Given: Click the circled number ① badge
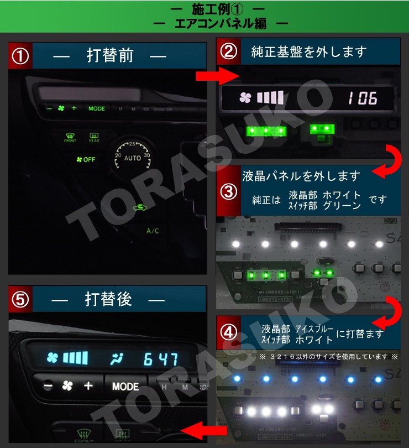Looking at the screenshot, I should tap(20, 56).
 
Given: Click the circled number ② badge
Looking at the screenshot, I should tap(228, 51).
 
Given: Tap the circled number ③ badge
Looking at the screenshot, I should tap(228, 191).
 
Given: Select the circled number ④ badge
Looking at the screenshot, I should tap(228, 332).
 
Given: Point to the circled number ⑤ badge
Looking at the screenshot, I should tap(20, 300).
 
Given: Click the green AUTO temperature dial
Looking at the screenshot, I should tap(132, 157).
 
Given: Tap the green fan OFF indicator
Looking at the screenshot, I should tap(86, 160).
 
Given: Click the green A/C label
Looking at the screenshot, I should tap(153, 231).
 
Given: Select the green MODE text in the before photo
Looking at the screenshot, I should tap(97, 108).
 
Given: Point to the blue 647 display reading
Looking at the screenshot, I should tap(160, 358).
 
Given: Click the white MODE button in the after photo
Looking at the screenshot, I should tap(125, 386).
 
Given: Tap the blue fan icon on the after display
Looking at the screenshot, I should tap(53, 357).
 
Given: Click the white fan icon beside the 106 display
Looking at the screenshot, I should tap(245, 98).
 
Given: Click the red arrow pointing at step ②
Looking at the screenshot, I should tap(210, 75).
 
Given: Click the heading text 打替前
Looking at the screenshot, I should tap(111, 56).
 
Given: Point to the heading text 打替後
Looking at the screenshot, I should tap(109, 299).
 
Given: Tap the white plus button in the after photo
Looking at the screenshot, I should tap(88, 386).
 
